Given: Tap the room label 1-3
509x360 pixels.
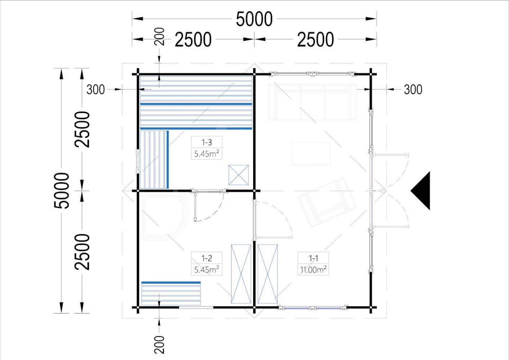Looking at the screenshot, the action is point(207,142).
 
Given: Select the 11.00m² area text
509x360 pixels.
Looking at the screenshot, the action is point(313,270).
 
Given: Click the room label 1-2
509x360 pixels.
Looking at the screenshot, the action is point(207,258).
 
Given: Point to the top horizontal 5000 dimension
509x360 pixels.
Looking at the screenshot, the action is point(254,19).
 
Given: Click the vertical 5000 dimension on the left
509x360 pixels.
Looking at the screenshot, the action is point(62,190).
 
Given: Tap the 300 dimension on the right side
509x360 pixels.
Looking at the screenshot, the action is point(413,90).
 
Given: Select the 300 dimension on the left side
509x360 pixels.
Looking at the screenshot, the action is point(96,90).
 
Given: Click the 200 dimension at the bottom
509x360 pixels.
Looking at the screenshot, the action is point(159,345).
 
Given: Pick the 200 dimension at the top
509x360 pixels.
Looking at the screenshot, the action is point(159,37).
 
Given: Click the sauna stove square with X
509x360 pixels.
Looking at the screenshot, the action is point(238,175).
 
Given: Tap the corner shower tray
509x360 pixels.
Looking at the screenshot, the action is point(164,217).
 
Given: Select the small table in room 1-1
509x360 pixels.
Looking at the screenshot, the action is point(311,154).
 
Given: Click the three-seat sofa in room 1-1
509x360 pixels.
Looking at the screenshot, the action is point(312,102).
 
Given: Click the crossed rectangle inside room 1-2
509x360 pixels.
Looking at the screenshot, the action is point(241,274).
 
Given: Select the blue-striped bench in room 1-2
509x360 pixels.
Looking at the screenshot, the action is point(171,293).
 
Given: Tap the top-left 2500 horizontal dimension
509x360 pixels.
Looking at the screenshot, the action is point(193,40).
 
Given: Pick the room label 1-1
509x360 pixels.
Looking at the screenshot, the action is point(313,258).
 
